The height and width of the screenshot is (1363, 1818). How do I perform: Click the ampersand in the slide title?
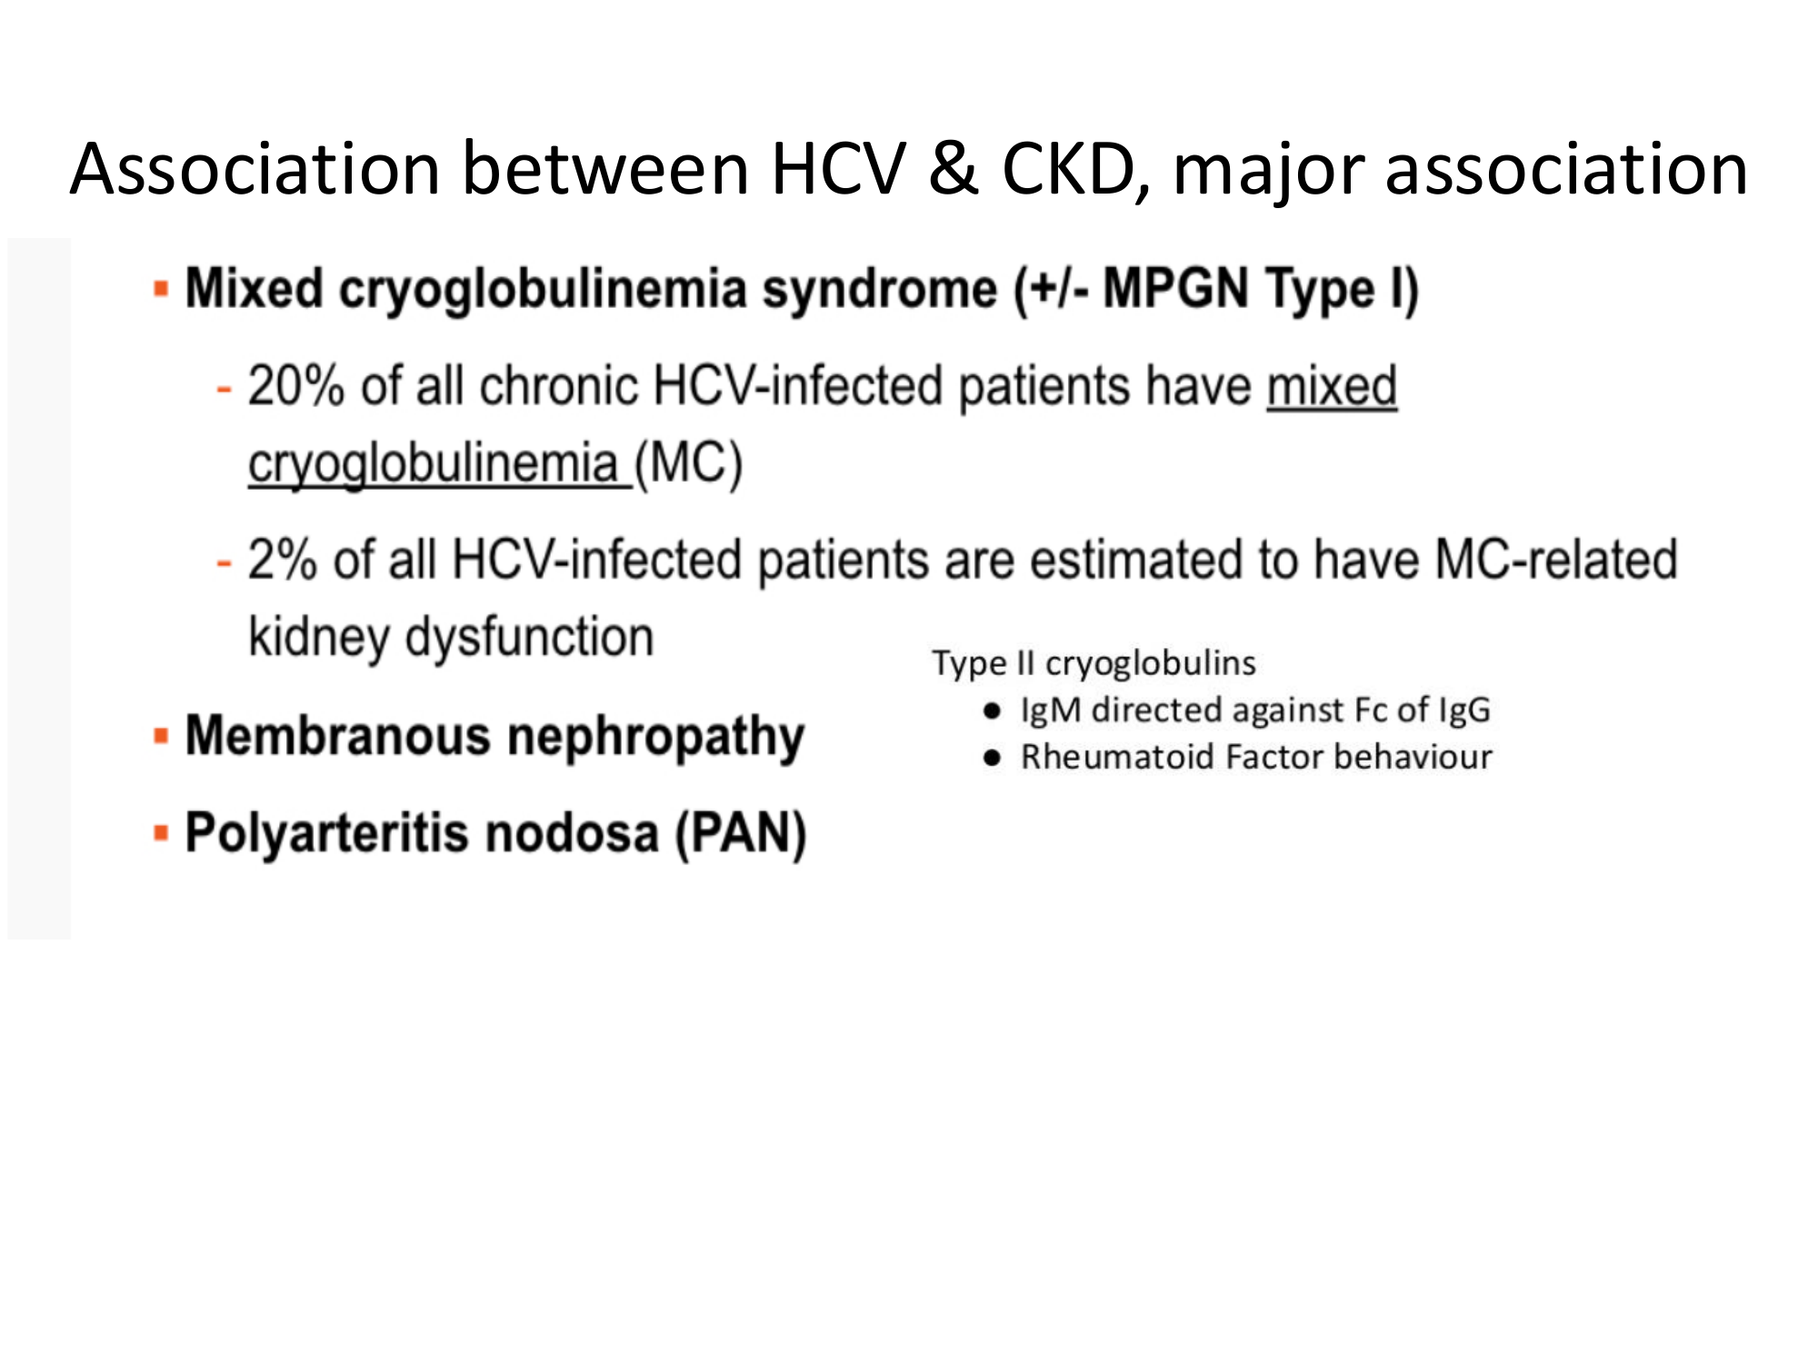click(954, 169)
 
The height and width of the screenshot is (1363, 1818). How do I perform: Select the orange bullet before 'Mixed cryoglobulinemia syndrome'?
click(161, 290)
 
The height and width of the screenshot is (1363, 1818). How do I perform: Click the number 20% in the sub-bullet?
click(296, 386)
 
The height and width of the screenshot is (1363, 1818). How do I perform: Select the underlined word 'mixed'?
click(1332, 386)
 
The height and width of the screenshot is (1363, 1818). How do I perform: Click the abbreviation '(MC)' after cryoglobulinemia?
click(688, 463)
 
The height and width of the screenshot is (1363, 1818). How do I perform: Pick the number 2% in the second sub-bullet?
click(283, 559)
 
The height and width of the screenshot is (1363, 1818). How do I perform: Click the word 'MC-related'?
click(1556, 558)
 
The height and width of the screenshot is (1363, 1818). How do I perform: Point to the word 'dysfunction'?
click(529, 636)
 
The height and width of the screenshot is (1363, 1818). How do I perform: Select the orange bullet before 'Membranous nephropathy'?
click(161, 735)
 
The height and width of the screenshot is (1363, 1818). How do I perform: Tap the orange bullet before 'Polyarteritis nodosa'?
click(161, 833)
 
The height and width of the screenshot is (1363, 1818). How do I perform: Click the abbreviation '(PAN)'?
click(740, 833)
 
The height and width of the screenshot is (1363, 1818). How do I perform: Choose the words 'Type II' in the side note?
click(984, 664)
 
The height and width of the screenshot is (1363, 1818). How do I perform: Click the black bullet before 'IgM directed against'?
click(992, 711)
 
